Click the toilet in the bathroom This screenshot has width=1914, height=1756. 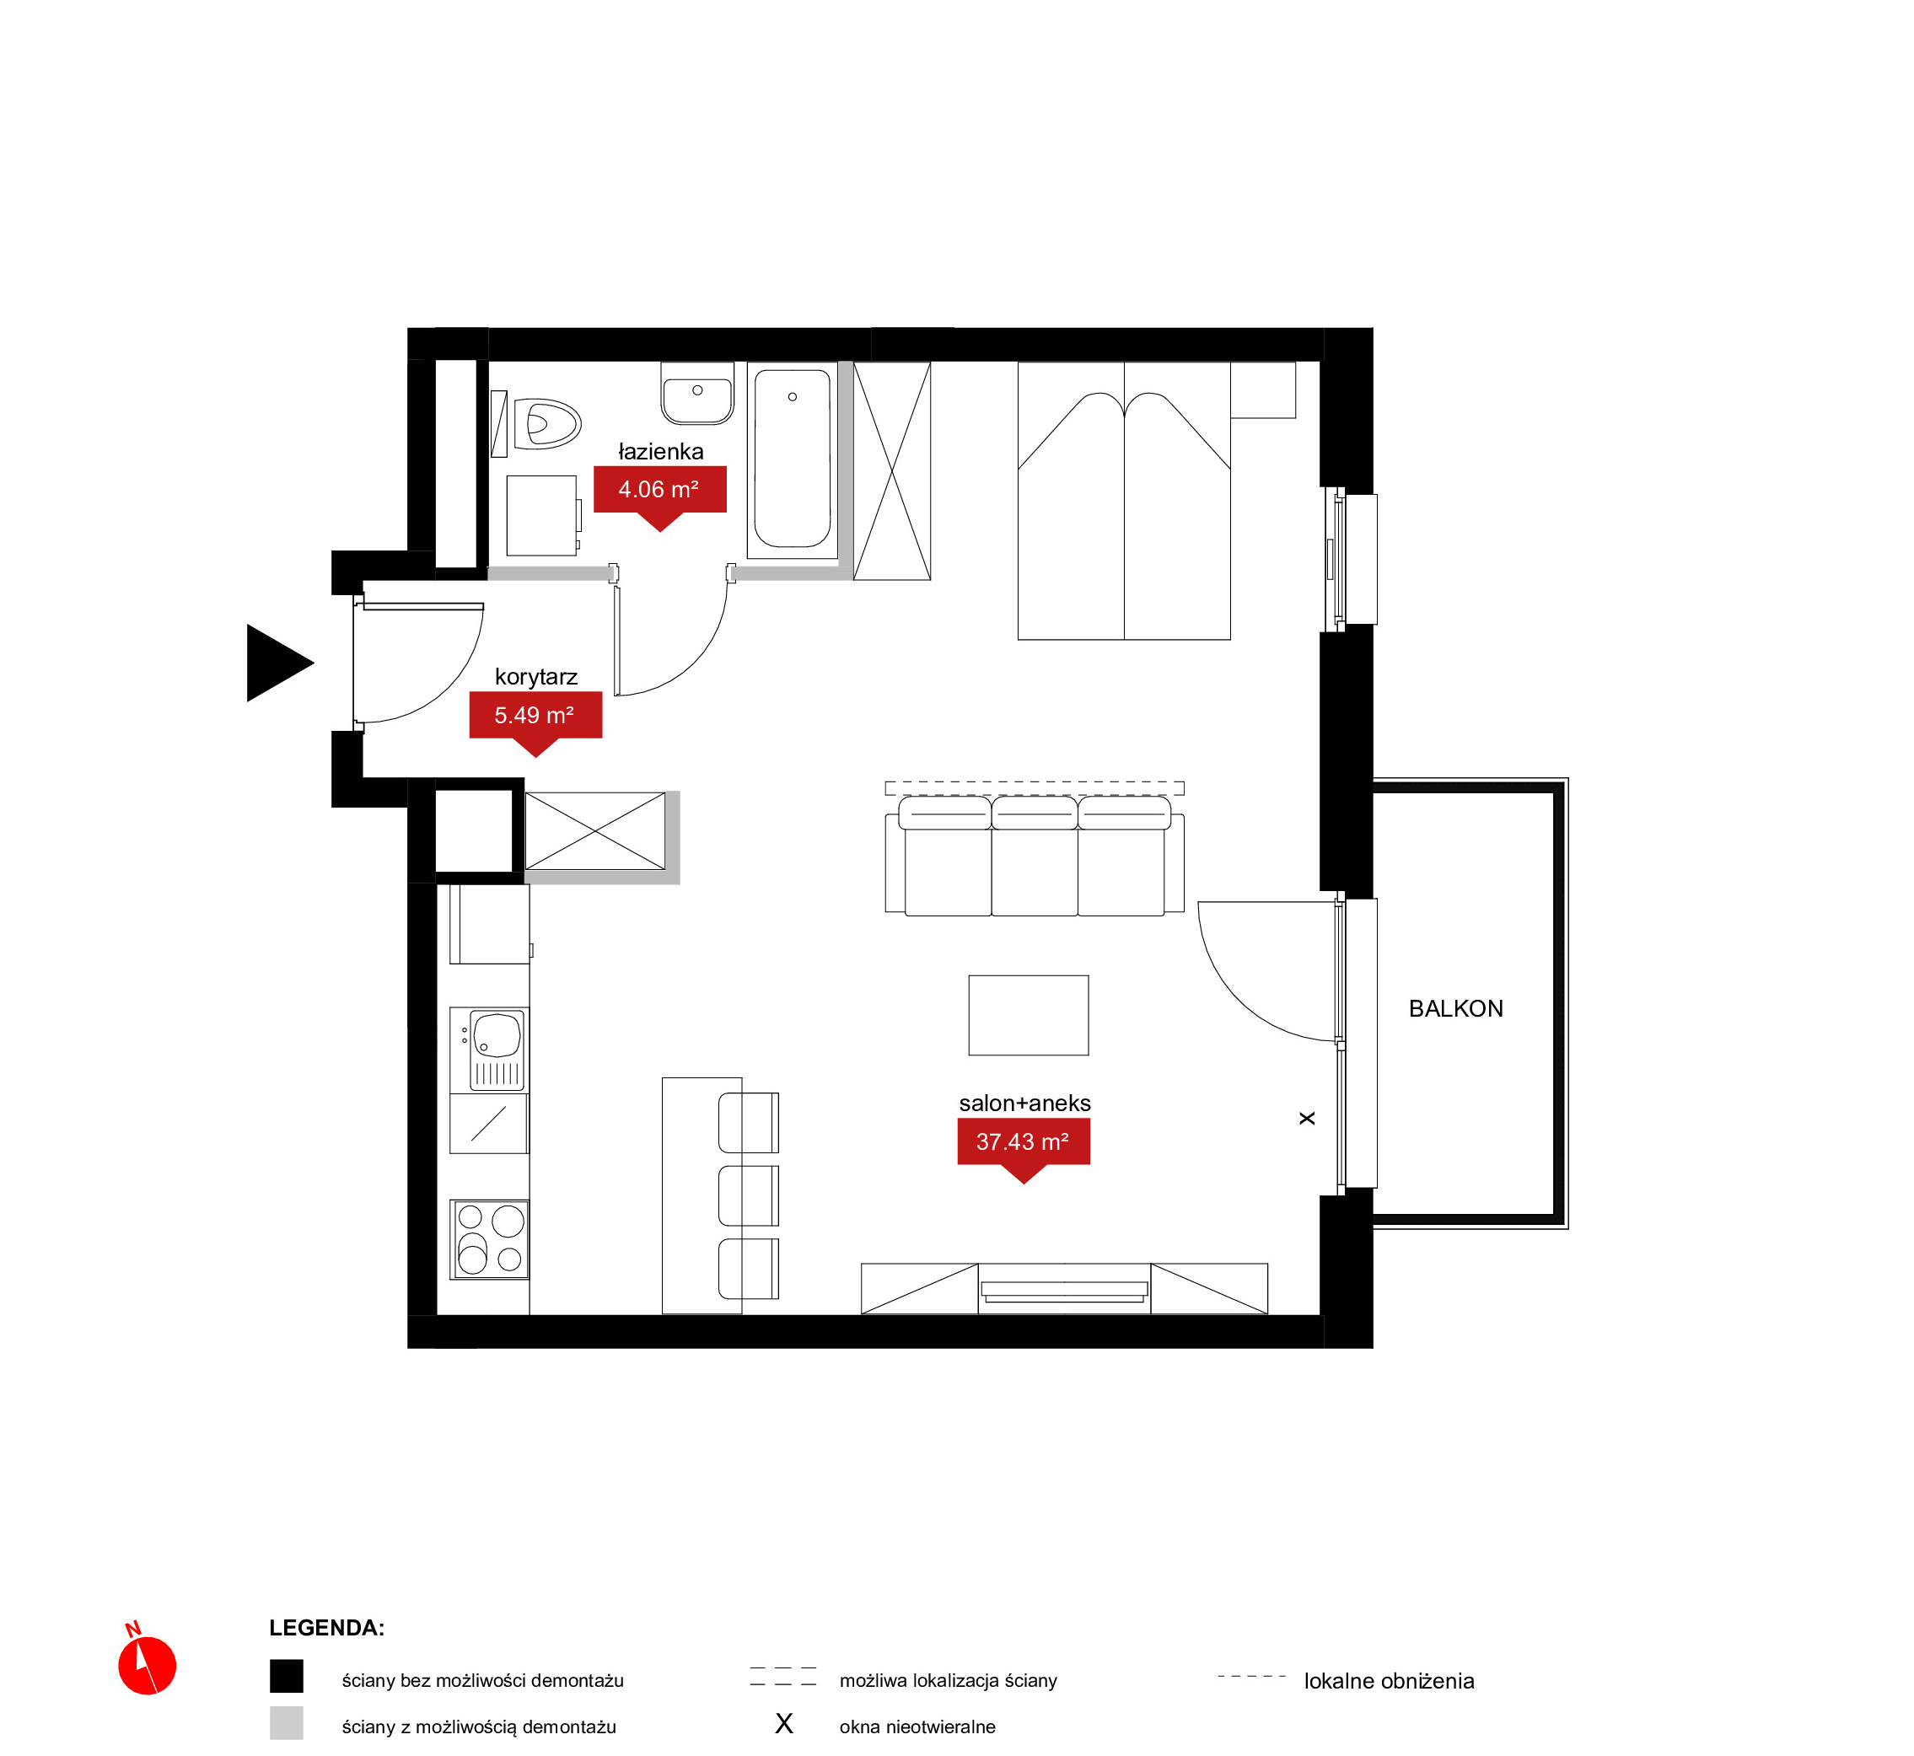546,424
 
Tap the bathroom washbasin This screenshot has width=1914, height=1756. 697,393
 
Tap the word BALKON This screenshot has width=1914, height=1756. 1455,1009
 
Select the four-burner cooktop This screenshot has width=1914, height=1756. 489,1239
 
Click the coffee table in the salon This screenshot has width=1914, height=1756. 1029,1015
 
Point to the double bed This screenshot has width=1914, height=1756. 1124,501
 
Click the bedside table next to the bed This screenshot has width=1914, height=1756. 1263,389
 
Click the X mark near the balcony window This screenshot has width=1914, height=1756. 1307,1119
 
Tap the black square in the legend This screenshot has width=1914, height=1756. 286,1676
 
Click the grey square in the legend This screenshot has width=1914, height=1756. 286,1723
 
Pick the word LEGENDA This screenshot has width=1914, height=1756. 326,1628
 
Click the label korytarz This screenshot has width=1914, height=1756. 536,678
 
